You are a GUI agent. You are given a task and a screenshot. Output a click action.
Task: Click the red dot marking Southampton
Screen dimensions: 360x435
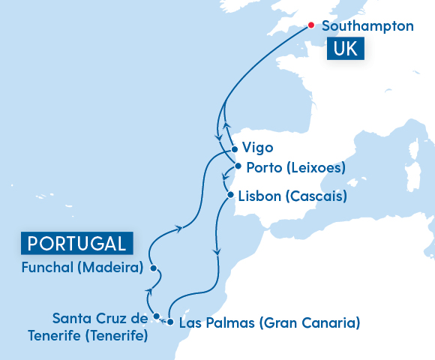(x=311, y=25)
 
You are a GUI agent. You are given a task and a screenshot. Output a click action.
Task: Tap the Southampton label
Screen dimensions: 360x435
(x=367, y=26)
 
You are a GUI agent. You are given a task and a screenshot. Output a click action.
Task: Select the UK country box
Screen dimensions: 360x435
(x=344, y=49)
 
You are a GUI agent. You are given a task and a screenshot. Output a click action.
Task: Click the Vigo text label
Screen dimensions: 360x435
(x=258, y=148)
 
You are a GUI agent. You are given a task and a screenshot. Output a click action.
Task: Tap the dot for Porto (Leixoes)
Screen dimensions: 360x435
(x=238, y=166)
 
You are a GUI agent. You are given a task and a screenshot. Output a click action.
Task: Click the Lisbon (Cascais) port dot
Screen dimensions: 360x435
(x=229, y=196)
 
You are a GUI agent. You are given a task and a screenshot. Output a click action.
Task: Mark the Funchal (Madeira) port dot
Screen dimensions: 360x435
(x=152, y=268)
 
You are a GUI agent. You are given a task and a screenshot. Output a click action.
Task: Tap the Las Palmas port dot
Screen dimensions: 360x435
(x=171, y=322)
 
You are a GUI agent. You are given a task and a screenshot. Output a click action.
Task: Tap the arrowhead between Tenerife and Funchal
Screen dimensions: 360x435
(x=148, y=292)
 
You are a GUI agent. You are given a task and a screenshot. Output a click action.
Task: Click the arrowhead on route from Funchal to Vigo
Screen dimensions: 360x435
(x=178, y=228)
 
